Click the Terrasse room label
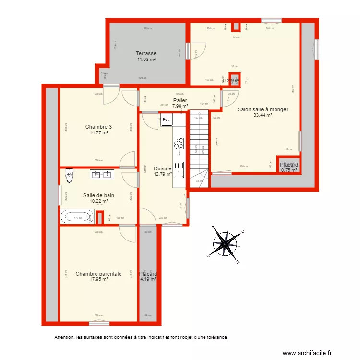(x=146, y=53)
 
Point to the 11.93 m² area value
(x=146, y=60)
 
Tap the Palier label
(x=180, y=100)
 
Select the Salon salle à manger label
(x=263, y=109)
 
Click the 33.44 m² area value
(x=263, y=115)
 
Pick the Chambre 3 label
(x=98, y=127)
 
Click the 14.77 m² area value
(x=98, y=133)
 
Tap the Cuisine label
(x=162, y=168)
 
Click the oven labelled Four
(x=167, y=120)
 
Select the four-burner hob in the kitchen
(x=179, y=144)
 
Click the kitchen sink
(x=180, y=169)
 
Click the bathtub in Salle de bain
(x=77, y=217)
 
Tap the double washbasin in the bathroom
(x=102, y=175)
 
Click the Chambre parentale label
(x=98, y=274)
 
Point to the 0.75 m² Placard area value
(x=289, y=170)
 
